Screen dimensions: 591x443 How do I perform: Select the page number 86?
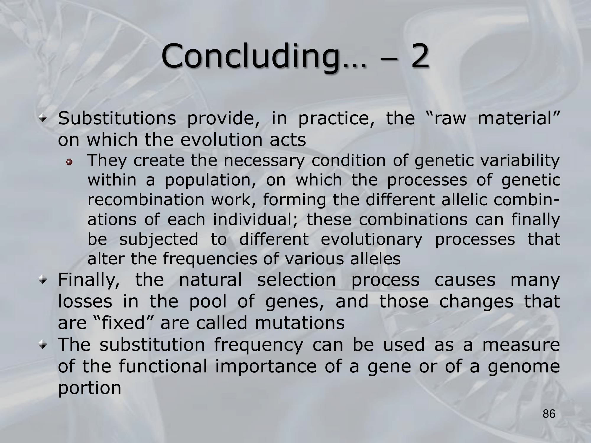tap(549, 422)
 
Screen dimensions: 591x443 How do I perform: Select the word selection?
tap(296, 279)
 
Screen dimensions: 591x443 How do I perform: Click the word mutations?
tap(300, 323)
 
